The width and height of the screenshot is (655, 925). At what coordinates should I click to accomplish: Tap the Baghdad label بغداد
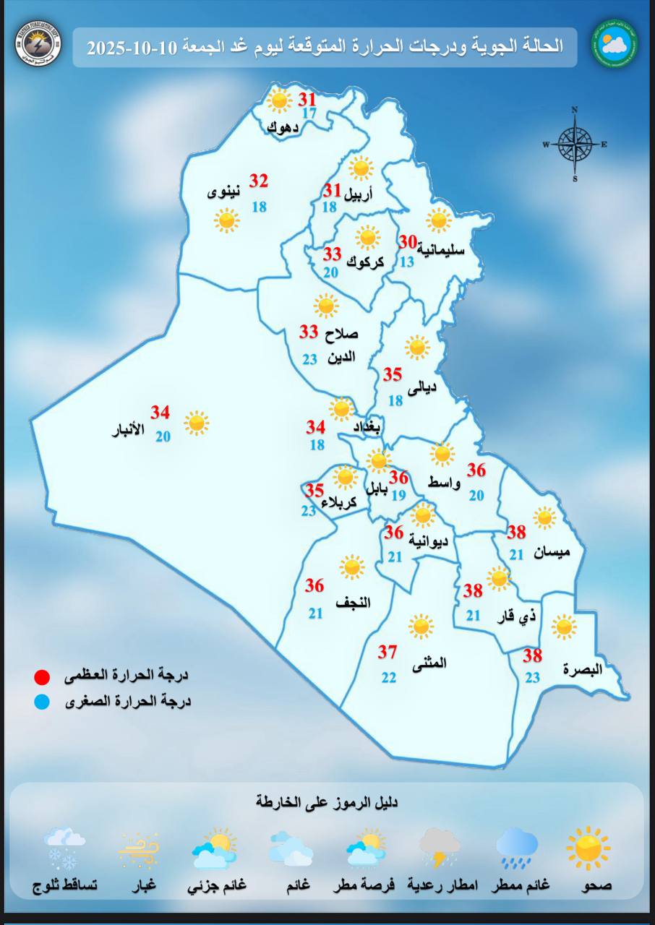(x=367, y=428)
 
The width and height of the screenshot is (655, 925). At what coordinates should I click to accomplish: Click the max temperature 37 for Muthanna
(x=388, y=652)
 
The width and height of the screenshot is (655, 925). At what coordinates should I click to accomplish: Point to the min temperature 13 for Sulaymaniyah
(x=407, y=262)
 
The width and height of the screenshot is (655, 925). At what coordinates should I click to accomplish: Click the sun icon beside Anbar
(x=196, y=423)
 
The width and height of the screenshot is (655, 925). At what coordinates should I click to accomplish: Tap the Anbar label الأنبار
(x=127, y=431)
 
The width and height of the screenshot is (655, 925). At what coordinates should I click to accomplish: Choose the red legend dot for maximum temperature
(x=42, y=677)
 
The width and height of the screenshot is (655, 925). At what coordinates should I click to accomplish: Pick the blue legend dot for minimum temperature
(x=42, y=701)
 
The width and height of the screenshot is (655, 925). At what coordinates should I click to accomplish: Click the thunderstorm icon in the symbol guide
(x=440, y=847)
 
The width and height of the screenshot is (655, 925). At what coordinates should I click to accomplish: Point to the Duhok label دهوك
(x=281, y=128)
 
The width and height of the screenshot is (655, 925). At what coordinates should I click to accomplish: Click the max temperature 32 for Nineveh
(x=259, y=181)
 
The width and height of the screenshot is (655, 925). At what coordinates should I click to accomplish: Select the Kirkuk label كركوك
(x=365, y=262)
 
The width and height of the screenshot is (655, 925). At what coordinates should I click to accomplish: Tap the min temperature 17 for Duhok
(x=309, y=113)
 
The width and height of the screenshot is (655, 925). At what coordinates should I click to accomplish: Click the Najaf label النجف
(x=354, y=602)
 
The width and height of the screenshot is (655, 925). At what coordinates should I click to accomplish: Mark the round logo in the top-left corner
(x=38, y=43)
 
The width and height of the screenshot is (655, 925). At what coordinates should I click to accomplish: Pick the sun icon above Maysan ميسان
(x=544, y=517)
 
